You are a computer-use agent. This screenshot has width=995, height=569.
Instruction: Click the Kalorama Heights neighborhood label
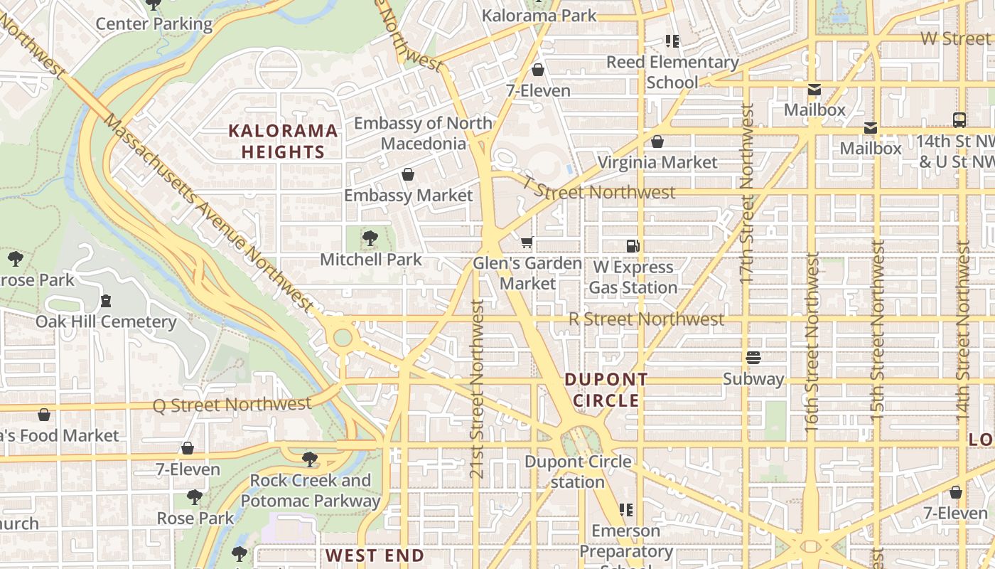(283, 141)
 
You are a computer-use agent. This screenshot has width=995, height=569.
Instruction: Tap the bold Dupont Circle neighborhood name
(606, 390)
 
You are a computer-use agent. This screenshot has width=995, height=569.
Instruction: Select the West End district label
(375, 555)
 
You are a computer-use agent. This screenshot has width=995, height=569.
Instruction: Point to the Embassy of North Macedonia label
(423, 133)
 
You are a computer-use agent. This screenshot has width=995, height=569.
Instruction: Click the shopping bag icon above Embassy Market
(408, 174)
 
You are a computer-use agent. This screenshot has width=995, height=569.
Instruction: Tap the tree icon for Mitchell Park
(370, 238)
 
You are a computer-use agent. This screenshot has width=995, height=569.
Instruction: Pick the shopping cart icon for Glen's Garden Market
(527, 243)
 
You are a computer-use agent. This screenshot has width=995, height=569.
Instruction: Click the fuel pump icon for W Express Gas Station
(633, 246)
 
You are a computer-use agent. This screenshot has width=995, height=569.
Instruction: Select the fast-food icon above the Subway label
(753, 358)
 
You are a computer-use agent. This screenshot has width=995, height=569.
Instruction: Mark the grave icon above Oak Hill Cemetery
(106, 301)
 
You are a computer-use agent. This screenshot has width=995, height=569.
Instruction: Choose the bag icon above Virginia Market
(657, 142)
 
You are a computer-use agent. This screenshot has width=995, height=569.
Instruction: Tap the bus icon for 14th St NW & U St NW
(959, 120)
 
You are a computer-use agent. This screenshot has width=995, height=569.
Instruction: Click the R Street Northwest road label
(646, 319)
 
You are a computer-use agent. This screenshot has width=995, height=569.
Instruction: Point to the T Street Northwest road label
(598, 191)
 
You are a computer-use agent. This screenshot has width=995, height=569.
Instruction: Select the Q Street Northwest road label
(232, 405)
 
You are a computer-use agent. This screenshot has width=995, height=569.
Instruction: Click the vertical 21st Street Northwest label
(478, 388)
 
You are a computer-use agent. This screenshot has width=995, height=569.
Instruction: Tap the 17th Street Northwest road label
(746, 193)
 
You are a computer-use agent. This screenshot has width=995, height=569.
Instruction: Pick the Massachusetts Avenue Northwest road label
(208, 212)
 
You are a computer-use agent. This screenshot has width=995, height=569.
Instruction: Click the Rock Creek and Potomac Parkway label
(311, 490)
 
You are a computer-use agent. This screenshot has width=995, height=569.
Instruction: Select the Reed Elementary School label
(672, 72)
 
